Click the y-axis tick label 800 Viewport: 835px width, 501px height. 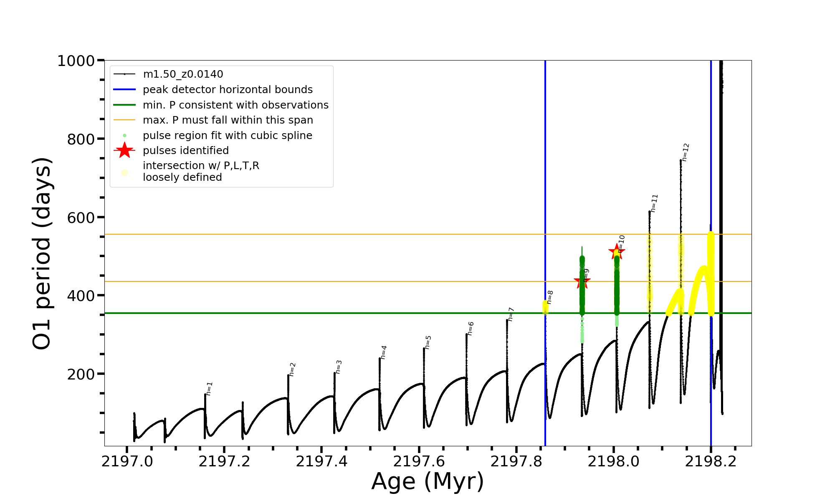tap(81, 139)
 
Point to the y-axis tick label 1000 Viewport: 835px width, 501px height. tap(76, 61)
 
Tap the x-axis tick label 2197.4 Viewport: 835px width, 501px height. tap(321, 461)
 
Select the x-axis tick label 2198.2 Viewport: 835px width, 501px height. tap(711, 461)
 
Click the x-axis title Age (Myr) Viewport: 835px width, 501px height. tap(428, 481)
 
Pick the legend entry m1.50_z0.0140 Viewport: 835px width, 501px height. tap(183, 74)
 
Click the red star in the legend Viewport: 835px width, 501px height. tap(124, 150)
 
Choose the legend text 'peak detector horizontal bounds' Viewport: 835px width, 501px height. tap(228, 90)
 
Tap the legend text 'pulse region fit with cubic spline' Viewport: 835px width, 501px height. tap(228, 136)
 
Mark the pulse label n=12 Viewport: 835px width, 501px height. tap(686, 152)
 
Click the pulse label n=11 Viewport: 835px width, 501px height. tap(654, 203)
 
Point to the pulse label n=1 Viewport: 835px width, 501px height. tap(210, 388)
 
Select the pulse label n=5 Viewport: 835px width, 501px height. tap(428, 342)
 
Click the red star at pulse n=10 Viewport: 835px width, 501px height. tap(616, 251)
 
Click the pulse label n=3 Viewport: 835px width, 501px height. tap(339, 367)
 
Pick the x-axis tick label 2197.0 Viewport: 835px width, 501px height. tap(127, 461)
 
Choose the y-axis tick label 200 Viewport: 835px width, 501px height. tap(81, 374)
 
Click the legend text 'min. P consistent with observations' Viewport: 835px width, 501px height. tap(235, 105)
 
